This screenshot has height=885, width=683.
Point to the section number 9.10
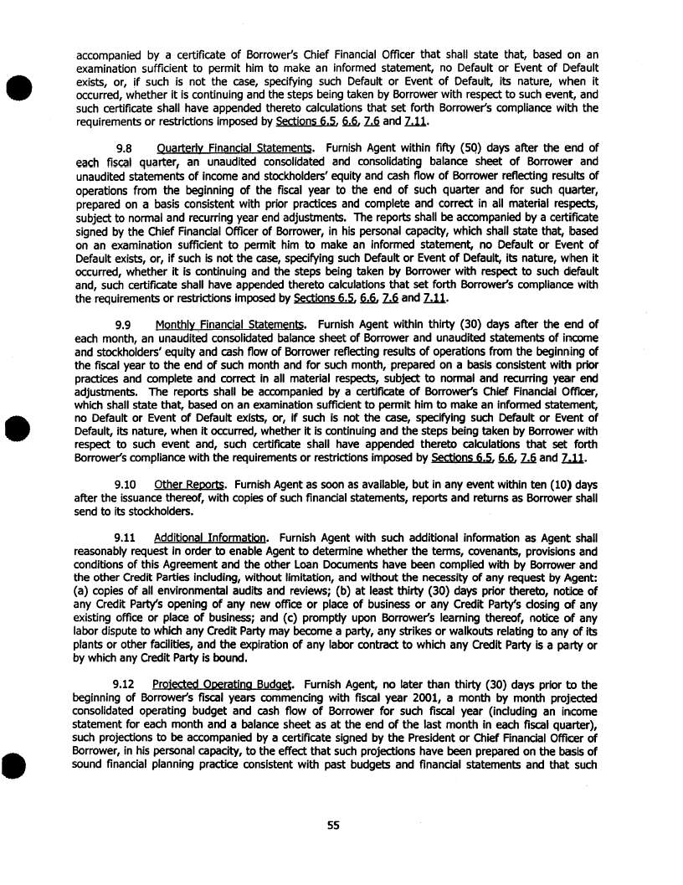tap(126, 484)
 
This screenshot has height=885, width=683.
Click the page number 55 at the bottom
tap(333, 826)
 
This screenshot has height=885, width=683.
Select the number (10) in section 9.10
tap(567, 484)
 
